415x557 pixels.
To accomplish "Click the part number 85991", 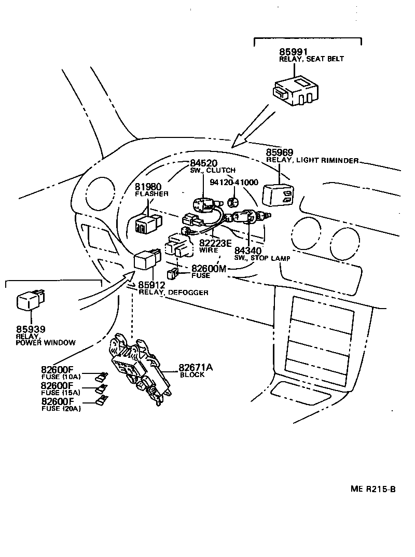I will pyautogui.click(x=293, y=52).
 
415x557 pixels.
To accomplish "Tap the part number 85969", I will pyautogui.click(x=280, y=152).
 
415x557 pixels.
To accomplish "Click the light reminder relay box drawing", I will pyautogui.click(x=279, y=196).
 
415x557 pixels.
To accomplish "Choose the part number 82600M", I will pyautogui.click(x=210, y=268).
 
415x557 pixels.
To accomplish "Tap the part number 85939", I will pyautogui.click(x=31, y=328).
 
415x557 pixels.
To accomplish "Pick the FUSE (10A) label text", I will pyautogui.click(x=61, y=377).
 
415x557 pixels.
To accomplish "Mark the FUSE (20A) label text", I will pyautogui.click(x=61, y=409).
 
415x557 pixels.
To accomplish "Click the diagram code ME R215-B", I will pyautogui.click(x=373, y=489).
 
